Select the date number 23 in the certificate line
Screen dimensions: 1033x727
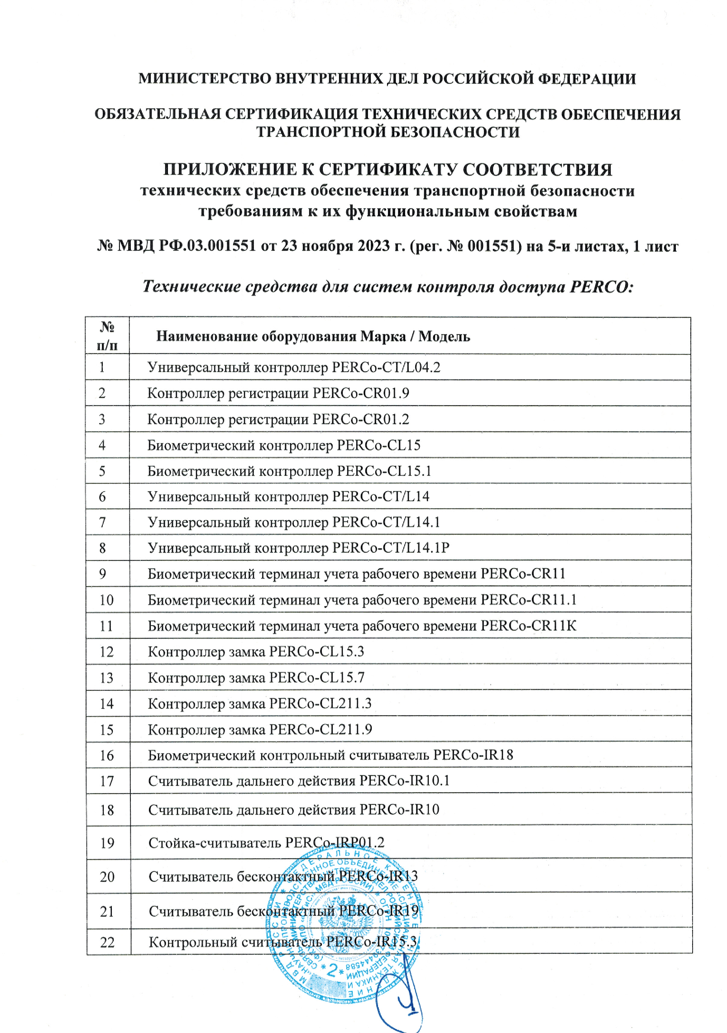point(290,246)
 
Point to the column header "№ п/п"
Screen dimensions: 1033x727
point(107,336)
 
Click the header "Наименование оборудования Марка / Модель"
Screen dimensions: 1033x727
point(313,336)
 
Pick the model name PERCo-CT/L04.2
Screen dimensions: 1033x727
point(386,367)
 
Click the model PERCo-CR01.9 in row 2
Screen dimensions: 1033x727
point(361,393)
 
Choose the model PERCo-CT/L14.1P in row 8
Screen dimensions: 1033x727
point(391,548)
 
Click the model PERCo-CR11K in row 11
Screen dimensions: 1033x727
point(529,626)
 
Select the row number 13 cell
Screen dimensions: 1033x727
point(106,678)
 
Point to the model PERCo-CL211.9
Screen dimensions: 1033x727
point(320,730)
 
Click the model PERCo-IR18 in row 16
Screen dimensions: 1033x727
point(473,755)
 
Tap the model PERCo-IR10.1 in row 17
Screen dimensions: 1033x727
point(404,781)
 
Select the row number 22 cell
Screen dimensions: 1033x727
point(107,942)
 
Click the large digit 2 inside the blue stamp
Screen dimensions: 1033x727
point(333,970)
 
